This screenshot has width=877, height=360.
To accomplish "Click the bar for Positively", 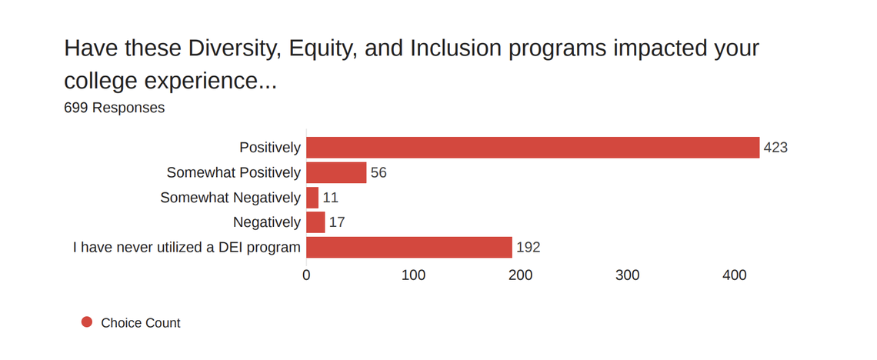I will click(532, 147).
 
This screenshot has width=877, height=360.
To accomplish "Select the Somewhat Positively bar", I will click(336, 172).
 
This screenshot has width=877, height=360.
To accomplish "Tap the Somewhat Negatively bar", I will click(312, 198).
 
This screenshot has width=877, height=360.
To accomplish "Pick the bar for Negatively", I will click(315, 222).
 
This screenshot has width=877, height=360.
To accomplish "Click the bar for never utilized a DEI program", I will click(409, 248).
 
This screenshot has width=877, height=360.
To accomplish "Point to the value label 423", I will click(775, 147).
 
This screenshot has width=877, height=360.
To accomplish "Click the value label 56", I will click(378, 172).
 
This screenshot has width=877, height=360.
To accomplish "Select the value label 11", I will click(331, 198).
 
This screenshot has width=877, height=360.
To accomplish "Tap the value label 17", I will click(337, 222).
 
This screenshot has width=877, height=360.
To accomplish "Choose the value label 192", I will click(528, 248).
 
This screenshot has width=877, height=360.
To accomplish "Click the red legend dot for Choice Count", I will click(87, 322).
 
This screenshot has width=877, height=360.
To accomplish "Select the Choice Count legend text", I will click(141, 323).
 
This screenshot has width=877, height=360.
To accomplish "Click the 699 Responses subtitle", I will click(114, 108).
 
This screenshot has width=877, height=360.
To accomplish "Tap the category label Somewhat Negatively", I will click(230, 198).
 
